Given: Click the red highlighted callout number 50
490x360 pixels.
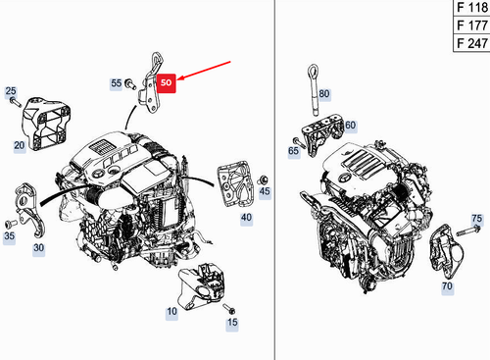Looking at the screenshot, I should tap(165, 85).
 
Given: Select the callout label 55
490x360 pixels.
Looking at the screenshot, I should tap(116, 84).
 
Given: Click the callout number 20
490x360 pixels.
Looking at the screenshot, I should tap(19, 145).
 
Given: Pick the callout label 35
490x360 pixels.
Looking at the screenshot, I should tap(9, 235).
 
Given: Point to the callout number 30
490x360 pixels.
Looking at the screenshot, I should tap(38, 248).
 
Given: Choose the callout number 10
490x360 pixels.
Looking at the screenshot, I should tap(171, 311).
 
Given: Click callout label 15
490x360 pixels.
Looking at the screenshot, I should tap(231, 322).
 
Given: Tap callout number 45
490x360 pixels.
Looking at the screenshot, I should tap(265, 192).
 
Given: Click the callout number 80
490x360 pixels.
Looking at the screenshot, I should tap(324, 94).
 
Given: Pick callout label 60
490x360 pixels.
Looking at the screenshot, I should tap(350, 126).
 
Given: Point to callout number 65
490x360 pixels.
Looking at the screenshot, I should tap(293, 152).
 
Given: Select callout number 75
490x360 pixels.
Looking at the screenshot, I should tap(477, 218).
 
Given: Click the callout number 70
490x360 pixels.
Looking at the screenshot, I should tap(446, 288).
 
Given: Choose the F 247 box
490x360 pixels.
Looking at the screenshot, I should tap(469, 44).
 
